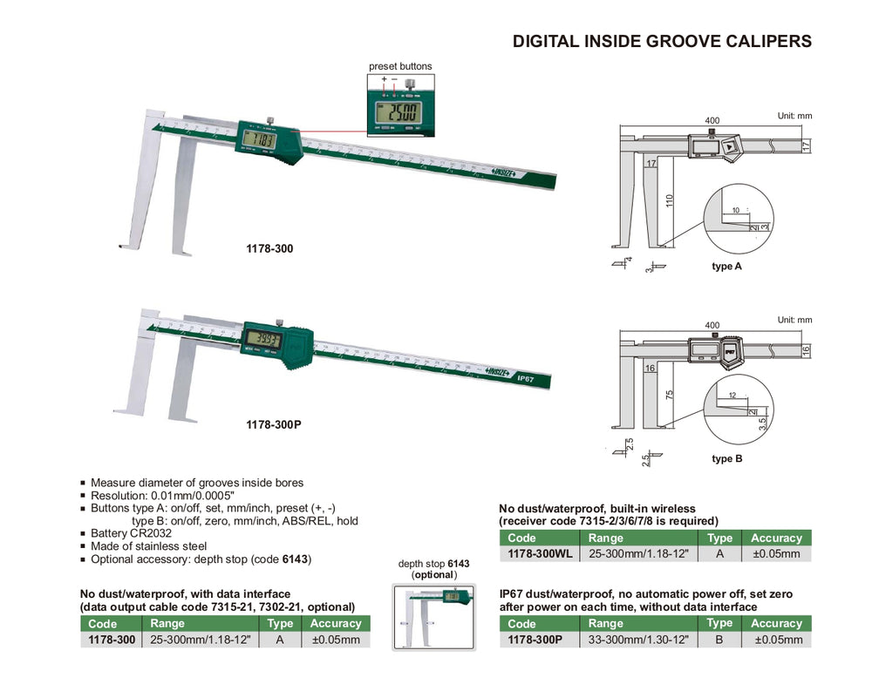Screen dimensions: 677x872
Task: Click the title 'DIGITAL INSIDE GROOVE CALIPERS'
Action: pyautogui.click(x=661, y=41)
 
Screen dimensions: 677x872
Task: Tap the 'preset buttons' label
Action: pyautogui.click(x=400, y=66)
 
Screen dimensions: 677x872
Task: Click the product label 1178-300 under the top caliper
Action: pyautogui.click(x=269, y=249)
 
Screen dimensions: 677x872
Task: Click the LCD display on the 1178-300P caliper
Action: pyautogui.click(x=262, y=339)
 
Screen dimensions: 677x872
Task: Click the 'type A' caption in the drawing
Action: pyautogui.click(x=726, y=267)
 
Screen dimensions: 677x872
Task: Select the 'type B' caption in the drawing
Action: pyautogui.click(x=726, y=458)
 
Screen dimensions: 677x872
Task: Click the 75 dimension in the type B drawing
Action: pyautogui.click(x=669, y=393)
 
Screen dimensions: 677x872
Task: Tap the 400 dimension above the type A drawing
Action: pyautogui.click(x=712, y=119)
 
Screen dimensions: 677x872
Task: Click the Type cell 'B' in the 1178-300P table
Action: pyautogui.click(x=719, y=639)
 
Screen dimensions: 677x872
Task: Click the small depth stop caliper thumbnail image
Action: pyautogui.click(x=433, y=619)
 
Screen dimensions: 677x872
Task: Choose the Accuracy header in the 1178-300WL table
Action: pyautogui.click(x=775, y=538)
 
